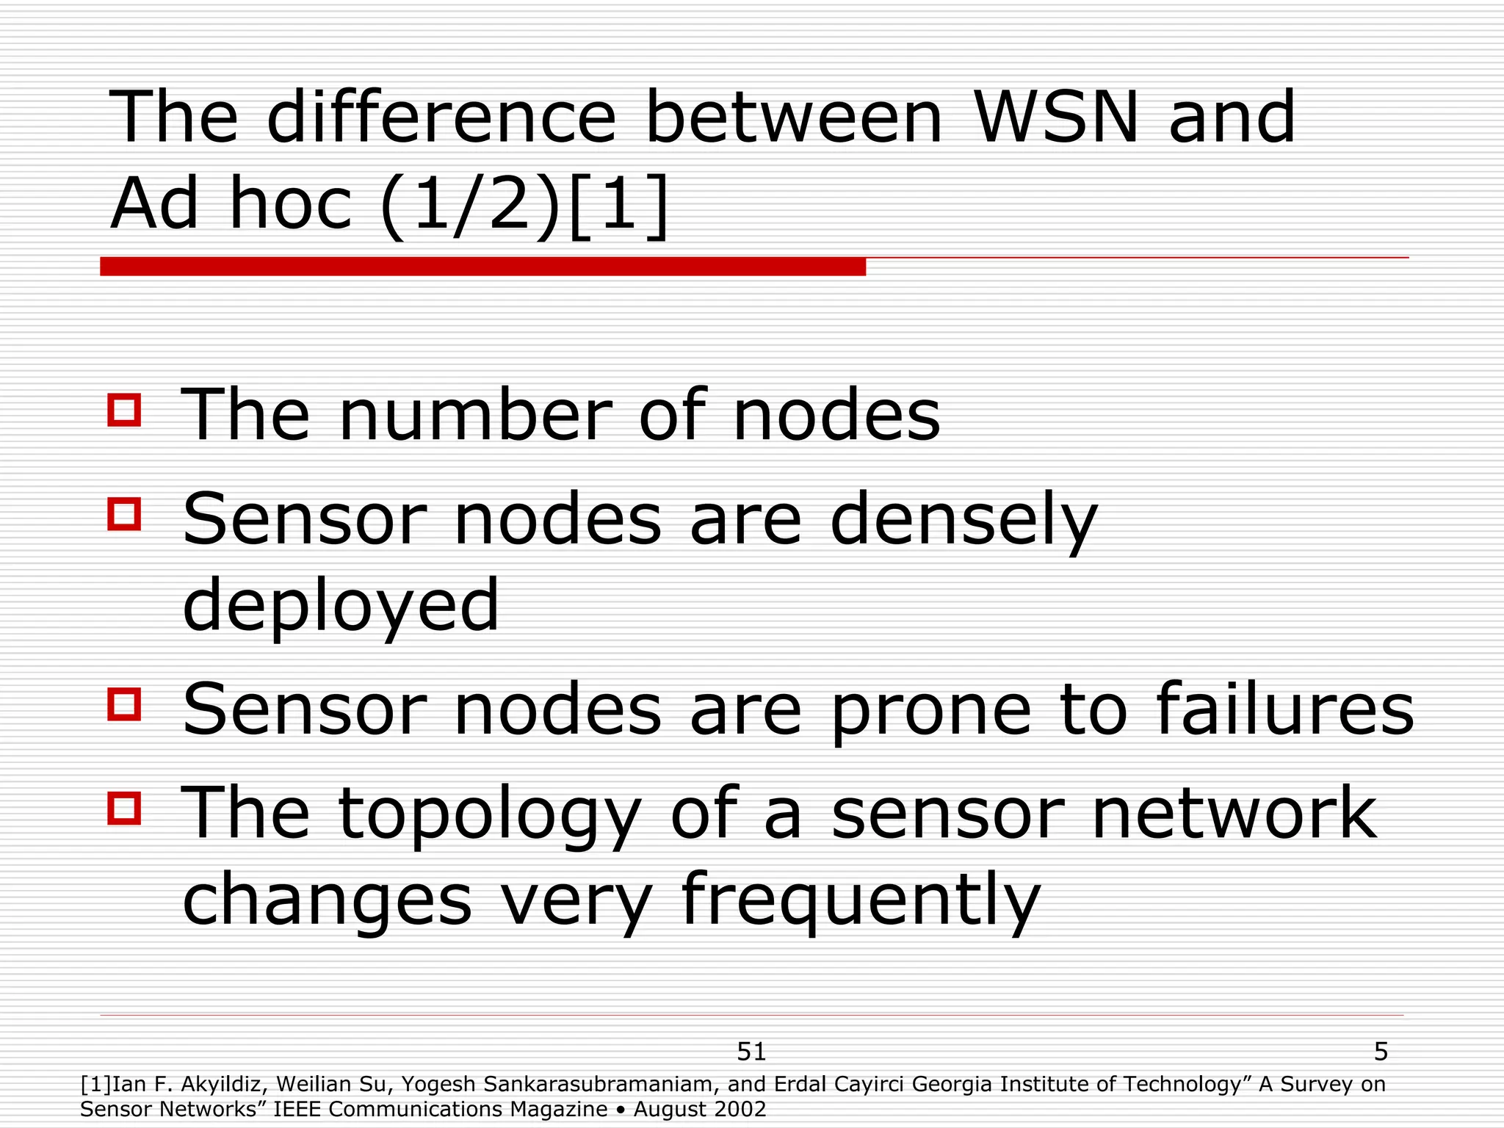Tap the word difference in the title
point(441,117)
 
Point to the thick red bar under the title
point(482,267)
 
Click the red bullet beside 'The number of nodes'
point(124,410)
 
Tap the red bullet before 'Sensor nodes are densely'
point(124,513)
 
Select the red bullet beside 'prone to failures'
point(124,704)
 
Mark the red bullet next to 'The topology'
point(124,808)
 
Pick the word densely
point(963,521)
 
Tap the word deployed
point(341,607)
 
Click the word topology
point(489,815)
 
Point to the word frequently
point(861,900)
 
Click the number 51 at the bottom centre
point(751,1052)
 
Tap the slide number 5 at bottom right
point(1381,1052)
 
